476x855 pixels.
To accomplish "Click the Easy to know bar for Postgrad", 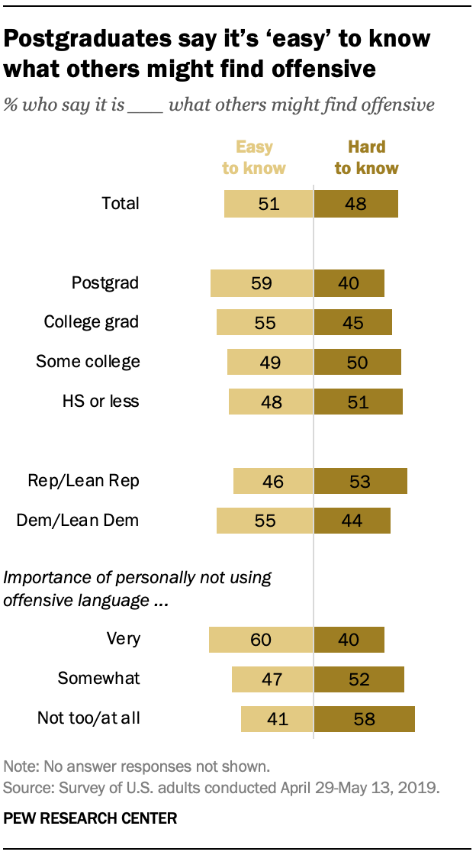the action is coord(262,283).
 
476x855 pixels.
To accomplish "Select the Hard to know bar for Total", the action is coord(356,204).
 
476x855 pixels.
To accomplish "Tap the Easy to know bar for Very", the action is coord(262,639).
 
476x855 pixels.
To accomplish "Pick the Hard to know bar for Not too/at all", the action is coord(365,718).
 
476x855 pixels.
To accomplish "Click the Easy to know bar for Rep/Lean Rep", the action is coord(273,481).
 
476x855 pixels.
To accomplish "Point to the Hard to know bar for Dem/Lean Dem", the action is coord(352,520).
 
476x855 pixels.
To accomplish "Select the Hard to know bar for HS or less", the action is coord(359,402).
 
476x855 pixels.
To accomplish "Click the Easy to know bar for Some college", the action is coord(271,362).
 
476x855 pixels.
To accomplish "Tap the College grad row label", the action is coord(91,322).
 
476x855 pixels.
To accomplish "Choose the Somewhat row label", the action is coord(98,679).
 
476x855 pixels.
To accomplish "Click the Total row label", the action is coord(121,203).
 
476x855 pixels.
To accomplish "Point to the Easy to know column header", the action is coord(254,157).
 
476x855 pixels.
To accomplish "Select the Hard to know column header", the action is coord(366,157).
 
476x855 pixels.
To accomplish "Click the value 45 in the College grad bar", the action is coord(353,322).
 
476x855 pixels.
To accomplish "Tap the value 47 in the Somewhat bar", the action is coord(272,679).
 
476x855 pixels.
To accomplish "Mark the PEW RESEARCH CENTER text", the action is coord(91,818).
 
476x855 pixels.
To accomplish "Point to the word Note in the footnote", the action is coord(18,766).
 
